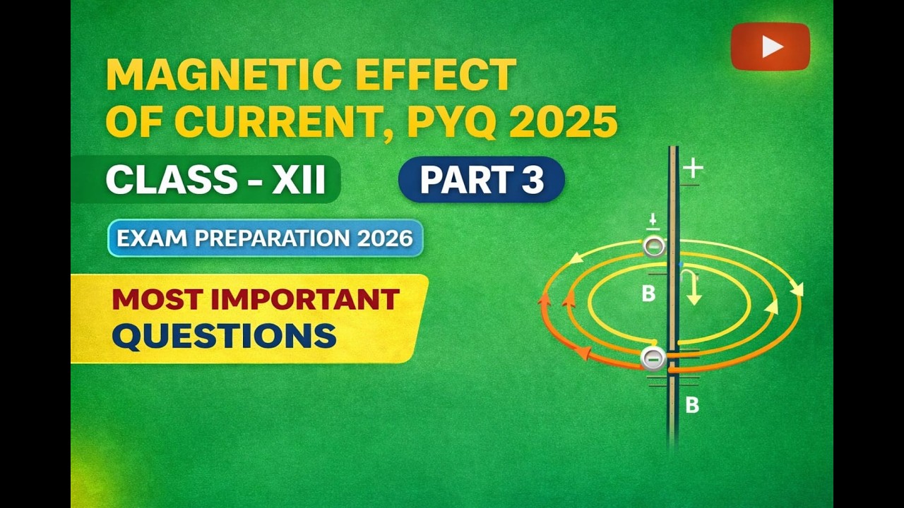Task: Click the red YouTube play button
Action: click(x=770, y=47)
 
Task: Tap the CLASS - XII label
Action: click(x=215, y=180)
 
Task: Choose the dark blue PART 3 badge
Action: click(x=482, y=180)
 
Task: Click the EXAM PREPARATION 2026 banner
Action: click(x=265, y=238)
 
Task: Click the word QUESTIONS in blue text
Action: click(x=224, y=337)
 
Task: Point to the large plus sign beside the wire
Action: click(x=694, y=168)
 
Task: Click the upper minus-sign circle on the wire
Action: click(x=654, y=246)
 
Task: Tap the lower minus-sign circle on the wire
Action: click(x=653, y=358)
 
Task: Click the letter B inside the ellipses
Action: click(x=648, y=294)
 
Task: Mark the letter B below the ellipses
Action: click(x=692, y=406)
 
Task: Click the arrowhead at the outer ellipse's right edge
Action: click(x=797, y=289)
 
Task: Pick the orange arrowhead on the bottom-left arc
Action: click(x=584, y=352)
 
